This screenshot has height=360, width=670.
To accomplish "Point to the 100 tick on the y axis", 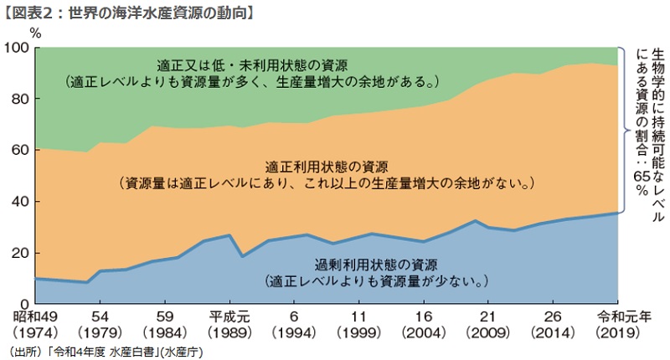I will pyautogui.click(x=18, y=48).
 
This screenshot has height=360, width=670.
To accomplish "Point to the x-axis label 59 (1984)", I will pyautogui.click(x=163, y=325).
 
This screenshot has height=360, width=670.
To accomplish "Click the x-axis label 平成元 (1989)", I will pyautogui.click(x=229, y=325).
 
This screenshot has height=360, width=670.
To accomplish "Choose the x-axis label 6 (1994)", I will pyautogui.click(x=294, y=325).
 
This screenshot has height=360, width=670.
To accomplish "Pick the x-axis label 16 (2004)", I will pyautogui.click(x=424, y=325).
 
